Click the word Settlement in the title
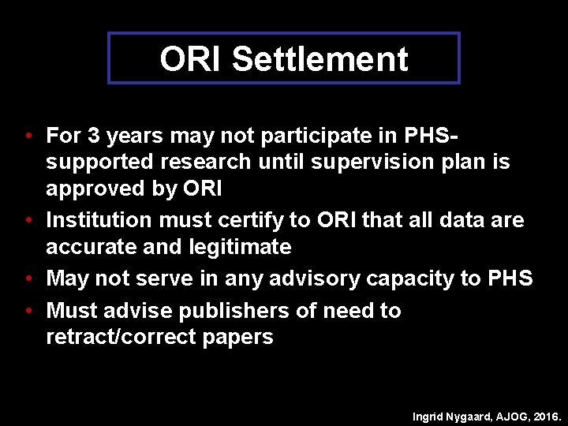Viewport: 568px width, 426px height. tap(319, 59)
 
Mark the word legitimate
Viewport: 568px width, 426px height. tap(240, 247)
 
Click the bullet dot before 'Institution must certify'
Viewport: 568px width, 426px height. tap(28, 220)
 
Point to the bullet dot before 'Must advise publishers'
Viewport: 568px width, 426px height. tap(28, 311)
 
